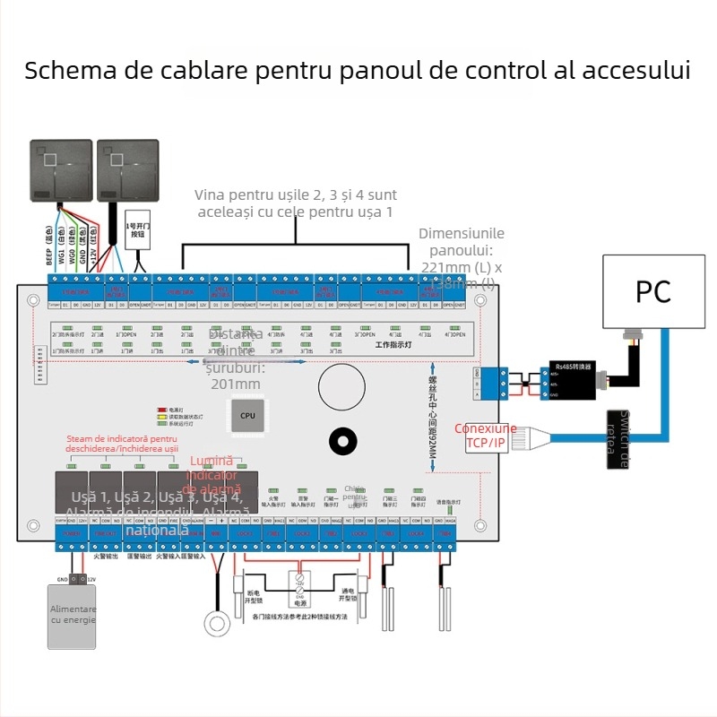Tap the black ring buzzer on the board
pyautogui.click(x=342, y=440)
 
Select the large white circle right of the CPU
pyautogui.click(x=342, y=386)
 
